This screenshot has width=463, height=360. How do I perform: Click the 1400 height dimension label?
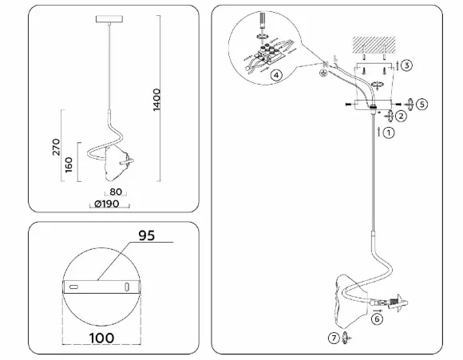pyautogui.click(x=156, y=100)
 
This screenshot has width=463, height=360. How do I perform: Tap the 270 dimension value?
pyautogui.click(x=56, y=147)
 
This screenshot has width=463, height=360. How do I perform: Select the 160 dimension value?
pyautogui.click(x=68, y=164)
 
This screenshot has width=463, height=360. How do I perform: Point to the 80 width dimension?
pyautogui.click(x=116, y=192)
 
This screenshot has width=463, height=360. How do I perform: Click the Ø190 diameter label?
pyautogui.click(x=107, y=204)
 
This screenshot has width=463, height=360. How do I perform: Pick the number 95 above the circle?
pyautogui.click(x=147, y=235)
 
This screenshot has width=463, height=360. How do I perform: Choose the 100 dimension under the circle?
pyautogui.click(x=101, y=338)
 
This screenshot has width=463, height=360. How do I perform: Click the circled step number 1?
pyautogui.click(x=389, y=133)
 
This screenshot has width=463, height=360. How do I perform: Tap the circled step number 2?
pyautogui.click(x=401, y=116)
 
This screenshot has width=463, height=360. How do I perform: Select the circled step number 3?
pyautogui.click(x=406, y=65)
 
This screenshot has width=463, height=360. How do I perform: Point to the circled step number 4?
pyautogui.click(x=276, y=75)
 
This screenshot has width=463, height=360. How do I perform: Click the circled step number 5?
pyautogui.click(x=422, y=105)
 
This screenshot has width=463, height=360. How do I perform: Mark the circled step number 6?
pyautogui.click(x=377, y=319)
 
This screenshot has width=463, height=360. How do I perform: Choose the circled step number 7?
pyautogui.click(x=334, y=338)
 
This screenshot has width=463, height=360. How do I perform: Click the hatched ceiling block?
pyautogui.click(x=374, y=45)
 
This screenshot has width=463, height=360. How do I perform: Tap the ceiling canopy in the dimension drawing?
pyautogui.click(x=109, y=19)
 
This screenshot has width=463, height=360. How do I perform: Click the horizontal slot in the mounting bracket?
pyautogui.click(x=73, y=287)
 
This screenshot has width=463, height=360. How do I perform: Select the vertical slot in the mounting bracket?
pyautogui.click(x=127, y=287)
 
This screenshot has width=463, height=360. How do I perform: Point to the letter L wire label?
pyautogui.click(x=335, y=58)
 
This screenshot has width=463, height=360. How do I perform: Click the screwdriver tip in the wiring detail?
pyautogui.click(x=262, y=29)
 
